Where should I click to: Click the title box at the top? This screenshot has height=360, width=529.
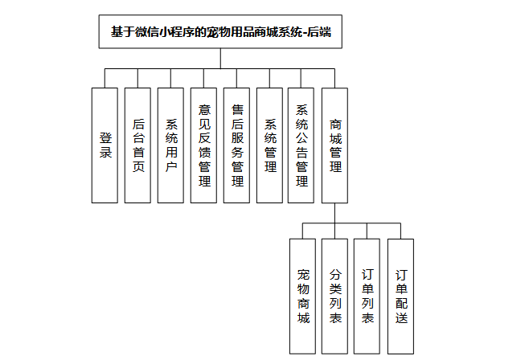(221, 33)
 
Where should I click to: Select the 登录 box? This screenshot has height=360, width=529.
(105, 145)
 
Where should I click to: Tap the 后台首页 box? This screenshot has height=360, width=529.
(138, 145)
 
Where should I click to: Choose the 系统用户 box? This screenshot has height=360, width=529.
(171, 145)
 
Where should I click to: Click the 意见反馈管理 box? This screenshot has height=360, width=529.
(204, 145)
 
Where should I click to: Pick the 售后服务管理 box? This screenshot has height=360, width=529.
(237, 145)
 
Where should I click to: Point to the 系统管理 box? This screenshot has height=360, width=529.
(270, 145)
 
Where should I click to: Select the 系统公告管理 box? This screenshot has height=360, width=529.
(302, 145)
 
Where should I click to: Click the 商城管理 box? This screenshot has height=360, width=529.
(335, 145)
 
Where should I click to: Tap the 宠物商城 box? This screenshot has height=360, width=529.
(302, 296)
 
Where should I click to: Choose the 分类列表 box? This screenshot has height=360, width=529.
(335, 296)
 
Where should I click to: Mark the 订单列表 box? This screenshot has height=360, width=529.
(367, 296)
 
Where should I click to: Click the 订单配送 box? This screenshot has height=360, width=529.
(400, 296)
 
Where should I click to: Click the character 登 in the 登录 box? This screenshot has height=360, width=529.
(105, 137)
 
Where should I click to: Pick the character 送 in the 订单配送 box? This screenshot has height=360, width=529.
(400, 317)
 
